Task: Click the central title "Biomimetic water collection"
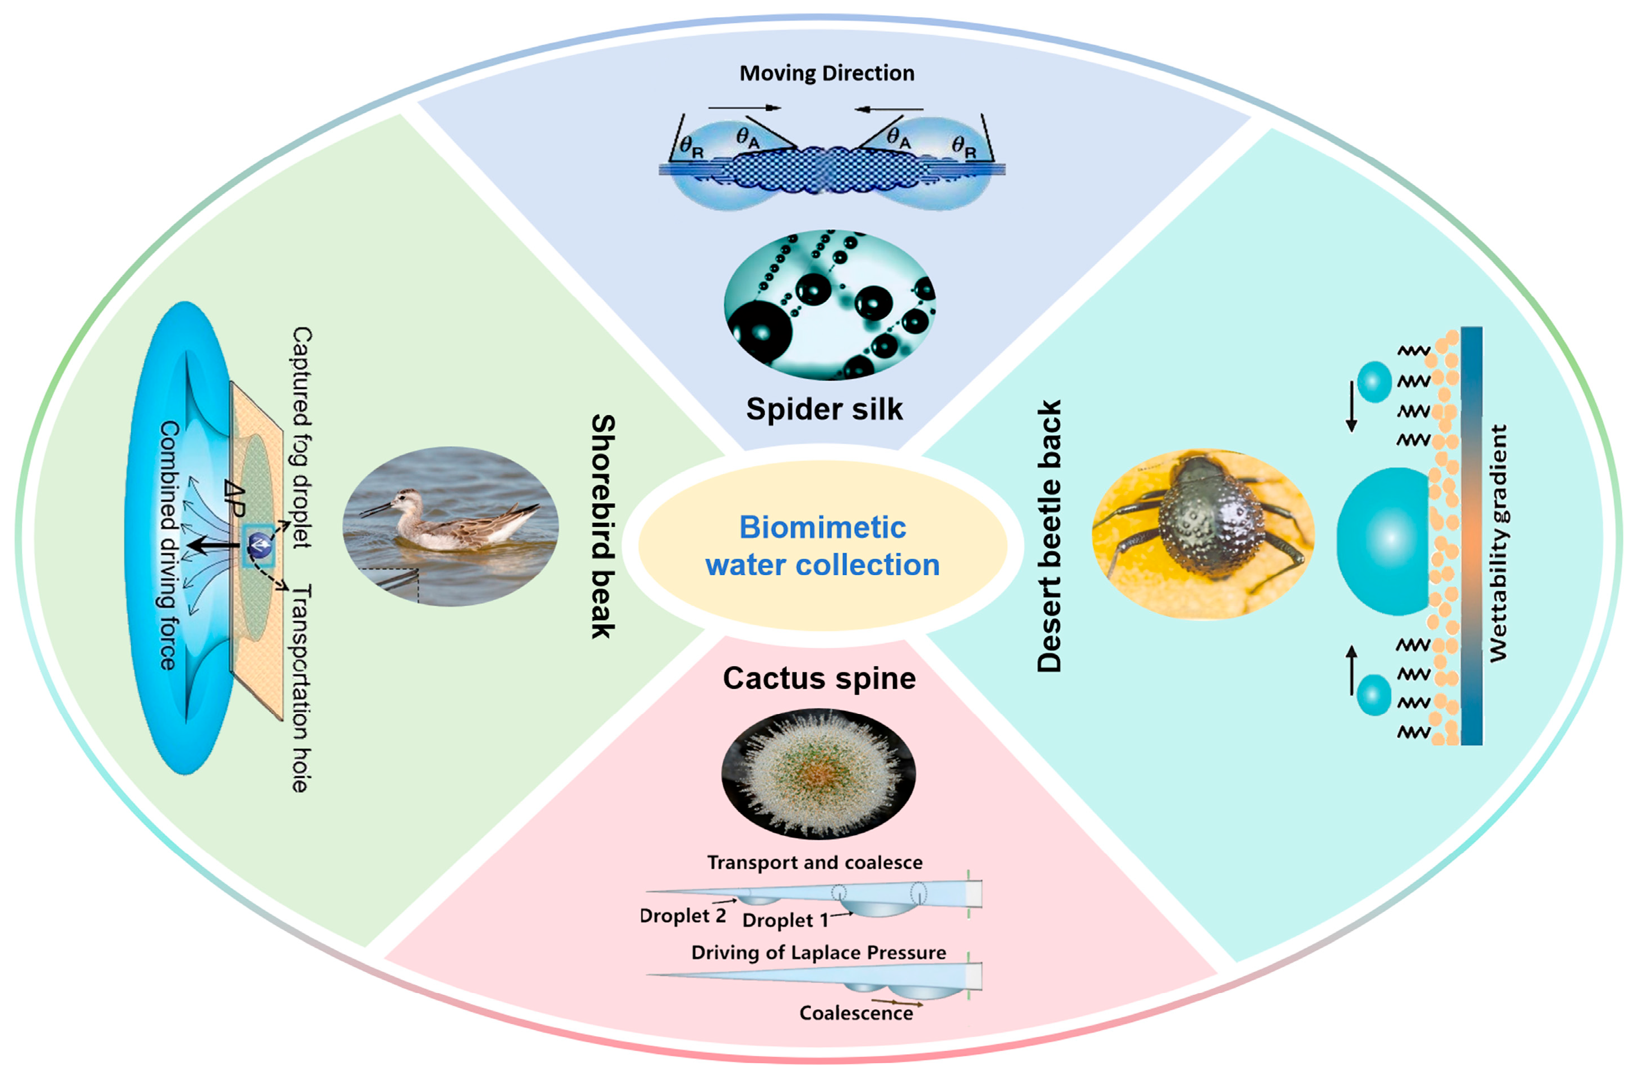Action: point(822,546)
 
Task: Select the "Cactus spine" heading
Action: point(819,678)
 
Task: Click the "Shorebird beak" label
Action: point(603,526)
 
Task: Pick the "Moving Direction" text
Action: point(826,73)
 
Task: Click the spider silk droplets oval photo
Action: point(829,304)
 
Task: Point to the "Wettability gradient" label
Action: point(1498,543)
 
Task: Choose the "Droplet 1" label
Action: point(785,920)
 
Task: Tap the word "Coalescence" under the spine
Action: point(856,1013)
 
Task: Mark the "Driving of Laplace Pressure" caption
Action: point(818,953)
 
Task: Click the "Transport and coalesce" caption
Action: point(814,862)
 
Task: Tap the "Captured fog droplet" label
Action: point(302,437)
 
